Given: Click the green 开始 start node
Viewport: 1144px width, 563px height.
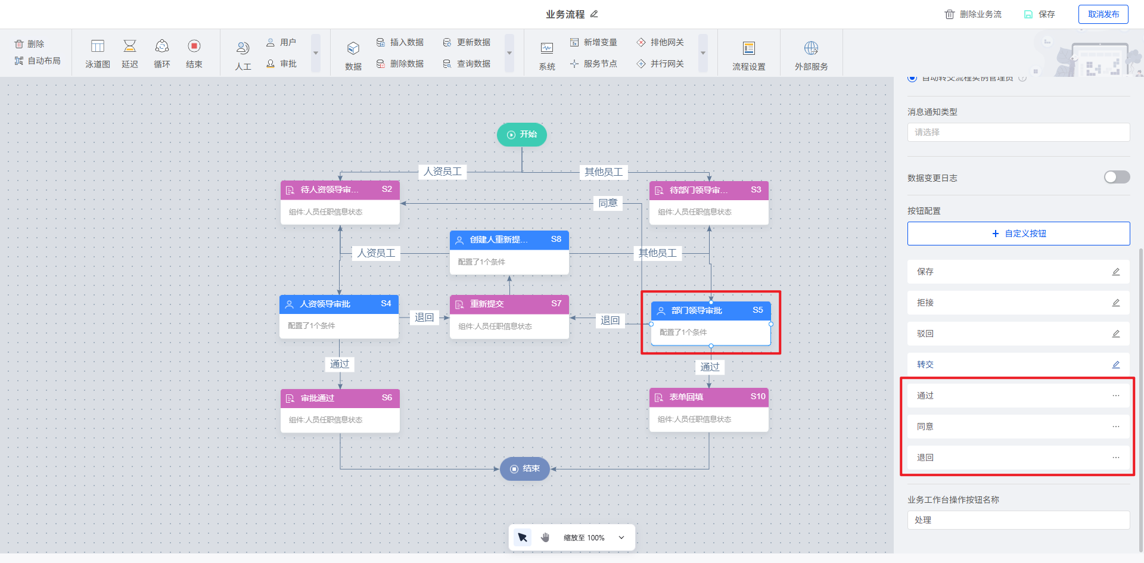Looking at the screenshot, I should click(522, 135).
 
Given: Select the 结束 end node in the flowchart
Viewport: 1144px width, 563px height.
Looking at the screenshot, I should click(524, 469).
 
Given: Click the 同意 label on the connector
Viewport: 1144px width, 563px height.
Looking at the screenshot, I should click(608, 203).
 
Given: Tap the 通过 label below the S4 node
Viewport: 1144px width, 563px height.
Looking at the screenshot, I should click(340, 364).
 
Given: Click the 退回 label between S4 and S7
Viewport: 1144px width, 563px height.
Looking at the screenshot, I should click(424, 318).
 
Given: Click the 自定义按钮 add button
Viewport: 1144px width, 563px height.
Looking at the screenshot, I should click(1018, 234).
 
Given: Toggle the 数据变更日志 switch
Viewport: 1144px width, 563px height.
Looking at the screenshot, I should click(1117, 178).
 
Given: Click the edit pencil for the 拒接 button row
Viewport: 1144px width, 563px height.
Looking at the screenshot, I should click(1115, 303).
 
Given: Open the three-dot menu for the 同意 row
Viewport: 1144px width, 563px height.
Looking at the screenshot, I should click(1115, 427).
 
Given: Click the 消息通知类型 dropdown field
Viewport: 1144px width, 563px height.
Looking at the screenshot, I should click(1018, 132).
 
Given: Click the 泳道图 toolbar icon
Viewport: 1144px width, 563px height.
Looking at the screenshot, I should click(98, 53).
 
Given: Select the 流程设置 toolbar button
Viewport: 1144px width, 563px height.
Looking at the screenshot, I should click(749, 55).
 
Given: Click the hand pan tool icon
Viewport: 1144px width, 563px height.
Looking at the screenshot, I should click(545, 537).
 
